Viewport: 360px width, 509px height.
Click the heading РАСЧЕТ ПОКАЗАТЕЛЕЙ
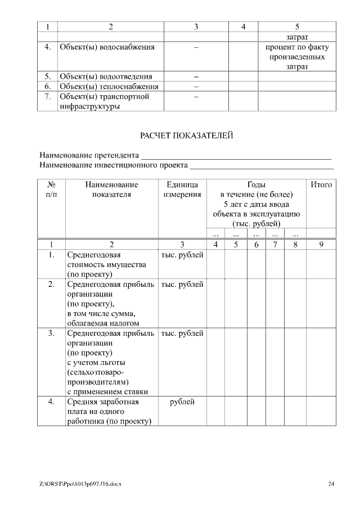coord(186,136)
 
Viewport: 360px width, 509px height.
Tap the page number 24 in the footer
coord(331,483)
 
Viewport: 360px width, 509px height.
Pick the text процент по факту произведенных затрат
coord(297,57)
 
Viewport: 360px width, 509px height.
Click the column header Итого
coord(321,184)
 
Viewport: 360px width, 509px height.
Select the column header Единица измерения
coord(182,190)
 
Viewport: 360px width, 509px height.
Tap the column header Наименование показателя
coord(111,190)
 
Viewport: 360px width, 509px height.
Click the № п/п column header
coord(51,190)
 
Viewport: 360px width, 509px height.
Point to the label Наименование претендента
coord(89,155)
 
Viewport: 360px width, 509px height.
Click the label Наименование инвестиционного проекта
coord(114,165)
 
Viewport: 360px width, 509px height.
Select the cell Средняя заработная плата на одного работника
coord(109,412)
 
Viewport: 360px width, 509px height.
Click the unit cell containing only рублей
coord(182,402)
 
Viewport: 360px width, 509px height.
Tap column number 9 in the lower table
coord(321,245)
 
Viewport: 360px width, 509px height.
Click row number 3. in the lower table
coord(51,334)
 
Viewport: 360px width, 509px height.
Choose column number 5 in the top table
coord(297,26)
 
